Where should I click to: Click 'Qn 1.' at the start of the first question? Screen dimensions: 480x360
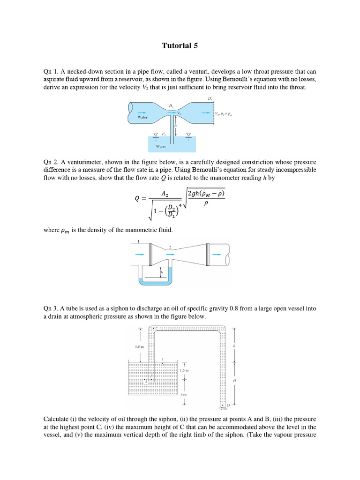pos(51,72)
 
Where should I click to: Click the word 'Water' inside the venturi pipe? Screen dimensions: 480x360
pos(142,118)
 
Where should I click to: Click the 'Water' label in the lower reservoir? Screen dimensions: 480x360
pos(161,146)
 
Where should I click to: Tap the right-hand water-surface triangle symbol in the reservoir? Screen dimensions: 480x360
pos(188,134)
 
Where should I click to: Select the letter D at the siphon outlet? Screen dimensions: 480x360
pos(228,405)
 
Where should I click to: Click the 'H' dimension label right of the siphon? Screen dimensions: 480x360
pos(234,381)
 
